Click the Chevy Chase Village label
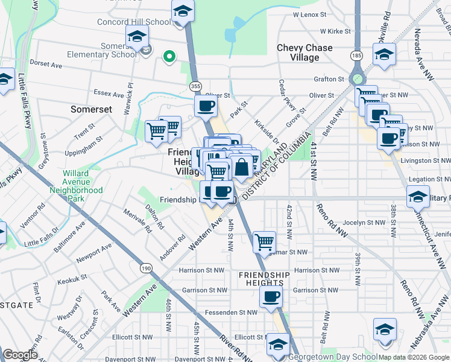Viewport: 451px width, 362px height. point(304,52)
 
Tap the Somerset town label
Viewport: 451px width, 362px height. point(91,109)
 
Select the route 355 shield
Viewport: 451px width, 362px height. point(195,86)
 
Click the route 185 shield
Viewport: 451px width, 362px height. point(357,56)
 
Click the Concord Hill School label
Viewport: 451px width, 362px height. point(134,22)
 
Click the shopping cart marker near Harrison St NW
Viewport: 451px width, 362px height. point(264,243)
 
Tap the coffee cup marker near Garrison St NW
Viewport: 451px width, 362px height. point(271,296)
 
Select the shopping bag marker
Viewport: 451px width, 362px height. point(242,167)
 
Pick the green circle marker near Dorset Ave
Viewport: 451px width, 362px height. point(170,57)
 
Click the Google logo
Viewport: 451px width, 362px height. point(20,354)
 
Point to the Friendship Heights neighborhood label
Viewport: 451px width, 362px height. point(260,279)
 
